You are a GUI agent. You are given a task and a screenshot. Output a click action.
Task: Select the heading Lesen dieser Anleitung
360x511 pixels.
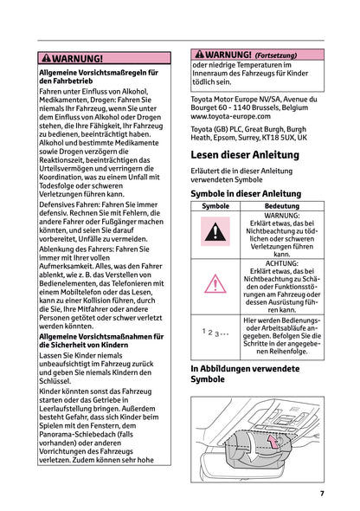point(245,155)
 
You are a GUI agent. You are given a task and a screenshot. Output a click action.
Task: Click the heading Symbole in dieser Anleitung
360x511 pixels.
point(246,194)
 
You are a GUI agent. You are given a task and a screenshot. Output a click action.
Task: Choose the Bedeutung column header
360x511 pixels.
point(281,207)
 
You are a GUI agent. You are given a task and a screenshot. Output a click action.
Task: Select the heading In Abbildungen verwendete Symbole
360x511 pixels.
point(245,373)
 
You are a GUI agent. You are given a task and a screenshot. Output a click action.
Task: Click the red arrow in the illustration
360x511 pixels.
point(272,443)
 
